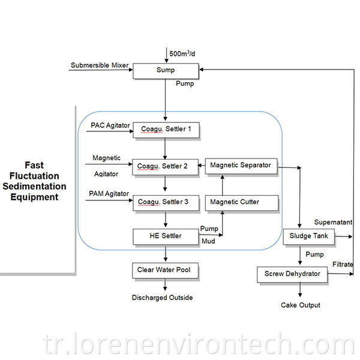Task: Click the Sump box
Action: [x=166, y=71]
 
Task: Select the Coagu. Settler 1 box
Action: [x=166, y=130]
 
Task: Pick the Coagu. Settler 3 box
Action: [x=166, y=203]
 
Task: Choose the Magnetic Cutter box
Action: [x=242, y=203]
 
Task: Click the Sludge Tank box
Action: [x=308, y=237]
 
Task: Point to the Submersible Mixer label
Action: [x=100, y=65]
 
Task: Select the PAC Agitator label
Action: [x=110, y=125]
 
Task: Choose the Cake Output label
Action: [x=301, y=305]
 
